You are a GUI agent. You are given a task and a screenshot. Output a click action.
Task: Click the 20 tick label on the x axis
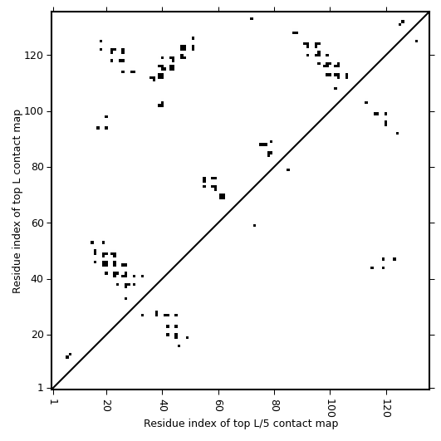(106, 405)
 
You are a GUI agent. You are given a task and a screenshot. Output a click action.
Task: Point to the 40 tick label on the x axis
(163, 405)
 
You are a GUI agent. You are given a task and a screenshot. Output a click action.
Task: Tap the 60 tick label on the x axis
(218, 405)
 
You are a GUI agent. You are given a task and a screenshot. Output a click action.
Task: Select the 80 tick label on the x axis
(275, 405)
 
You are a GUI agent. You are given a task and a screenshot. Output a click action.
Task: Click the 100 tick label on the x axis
(331, 408)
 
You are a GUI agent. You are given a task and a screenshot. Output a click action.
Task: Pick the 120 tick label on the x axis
(386, 408)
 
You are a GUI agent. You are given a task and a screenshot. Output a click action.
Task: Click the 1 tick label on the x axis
(53, 402)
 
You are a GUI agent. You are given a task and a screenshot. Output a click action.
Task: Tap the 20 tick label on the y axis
(37, 335)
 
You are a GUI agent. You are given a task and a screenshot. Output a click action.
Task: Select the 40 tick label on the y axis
(37, 279)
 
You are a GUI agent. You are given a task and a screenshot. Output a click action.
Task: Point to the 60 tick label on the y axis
(37, 223)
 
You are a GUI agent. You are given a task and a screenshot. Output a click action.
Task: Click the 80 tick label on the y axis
(37, 167)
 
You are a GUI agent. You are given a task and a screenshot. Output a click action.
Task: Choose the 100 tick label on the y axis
(34, 111)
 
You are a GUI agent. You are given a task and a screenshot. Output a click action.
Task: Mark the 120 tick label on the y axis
(34, 56)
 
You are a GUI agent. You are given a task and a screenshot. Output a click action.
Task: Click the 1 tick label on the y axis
(41, 388)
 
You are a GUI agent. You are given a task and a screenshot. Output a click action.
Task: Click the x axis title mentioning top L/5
(241, 424)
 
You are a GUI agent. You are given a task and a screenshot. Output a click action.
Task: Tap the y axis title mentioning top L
(17, 202)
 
